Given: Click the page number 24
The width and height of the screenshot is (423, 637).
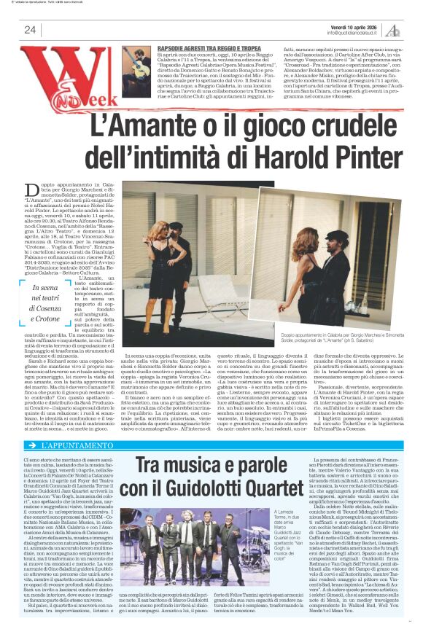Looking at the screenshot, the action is [x=30, y=30].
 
